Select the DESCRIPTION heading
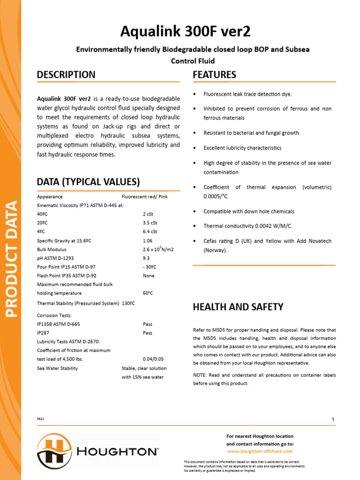point(66,75)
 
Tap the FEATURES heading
point(214,75)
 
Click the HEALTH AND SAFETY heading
point(238,307)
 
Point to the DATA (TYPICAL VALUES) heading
point(88,182)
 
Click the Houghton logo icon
point(54,451)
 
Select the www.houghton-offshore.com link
point(260,451)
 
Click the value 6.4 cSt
point(150,232)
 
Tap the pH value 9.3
point(146,258)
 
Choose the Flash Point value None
point(149,276)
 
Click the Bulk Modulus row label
point(52,249)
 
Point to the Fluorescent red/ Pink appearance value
point(144,197)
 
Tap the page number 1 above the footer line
point(333,420)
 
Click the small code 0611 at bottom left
point(41,418)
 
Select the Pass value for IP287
point(148,333)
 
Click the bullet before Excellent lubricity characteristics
point(195,148)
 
